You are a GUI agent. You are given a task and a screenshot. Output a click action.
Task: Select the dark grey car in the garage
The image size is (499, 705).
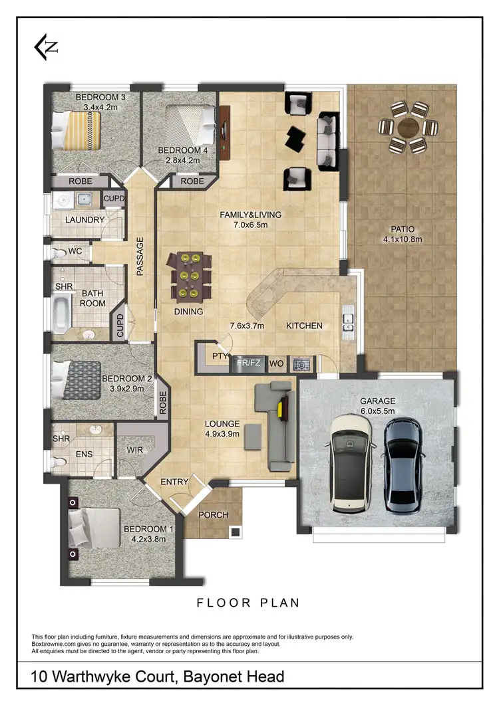[x=403, y=465]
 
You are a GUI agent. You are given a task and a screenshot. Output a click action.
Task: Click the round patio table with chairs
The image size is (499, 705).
[x=407, y=127]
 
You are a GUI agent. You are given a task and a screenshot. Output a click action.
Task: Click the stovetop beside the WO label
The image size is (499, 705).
[x=302, y=364]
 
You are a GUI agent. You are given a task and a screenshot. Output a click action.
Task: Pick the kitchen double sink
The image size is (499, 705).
[x=348, y=322]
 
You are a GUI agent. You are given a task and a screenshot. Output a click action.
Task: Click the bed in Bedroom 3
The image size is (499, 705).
[x=76, y=130]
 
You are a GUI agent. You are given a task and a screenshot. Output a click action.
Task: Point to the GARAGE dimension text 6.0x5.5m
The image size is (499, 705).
[x=378, y=411]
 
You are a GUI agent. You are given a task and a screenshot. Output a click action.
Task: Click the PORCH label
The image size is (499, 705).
[x=214, y=515]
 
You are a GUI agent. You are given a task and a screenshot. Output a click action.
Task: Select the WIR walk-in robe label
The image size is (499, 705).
[x=135, y=450]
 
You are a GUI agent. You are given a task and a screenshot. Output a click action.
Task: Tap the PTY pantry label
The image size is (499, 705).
[x=220, y=356]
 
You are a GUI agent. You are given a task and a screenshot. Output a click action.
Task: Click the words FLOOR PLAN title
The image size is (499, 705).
[x=248, y=603]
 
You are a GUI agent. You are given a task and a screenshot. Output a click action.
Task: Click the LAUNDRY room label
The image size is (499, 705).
[x=84, y=220]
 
